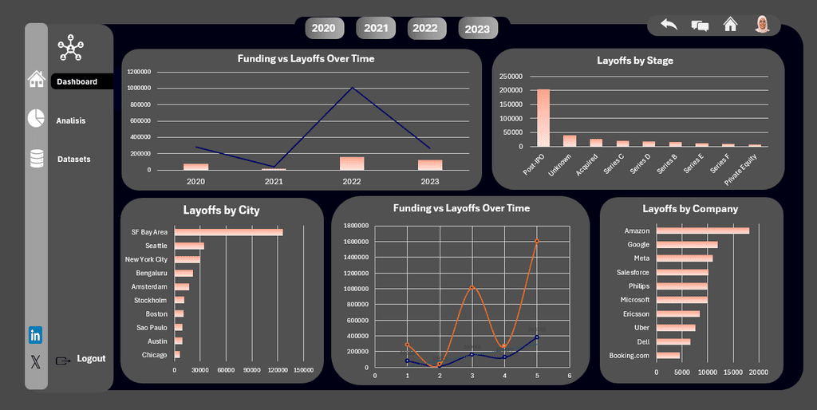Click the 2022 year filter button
425,28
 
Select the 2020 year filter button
323,28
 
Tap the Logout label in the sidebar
91,359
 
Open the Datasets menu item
73,160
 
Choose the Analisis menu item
70,121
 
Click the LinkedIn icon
35,335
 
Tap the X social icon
35,361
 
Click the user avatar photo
763,25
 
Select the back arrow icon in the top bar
669,25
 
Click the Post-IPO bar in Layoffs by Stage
543,117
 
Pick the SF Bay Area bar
229,232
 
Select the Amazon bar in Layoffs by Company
703,231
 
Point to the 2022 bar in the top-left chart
352,164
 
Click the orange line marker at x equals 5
536,241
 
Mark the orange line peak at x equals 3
472,287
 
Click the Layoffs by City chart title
221,211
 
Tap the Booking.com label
630,356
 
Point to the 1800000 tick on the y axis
355,226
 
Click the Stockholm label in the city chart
150,300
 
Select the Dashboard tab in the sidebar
77,81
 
